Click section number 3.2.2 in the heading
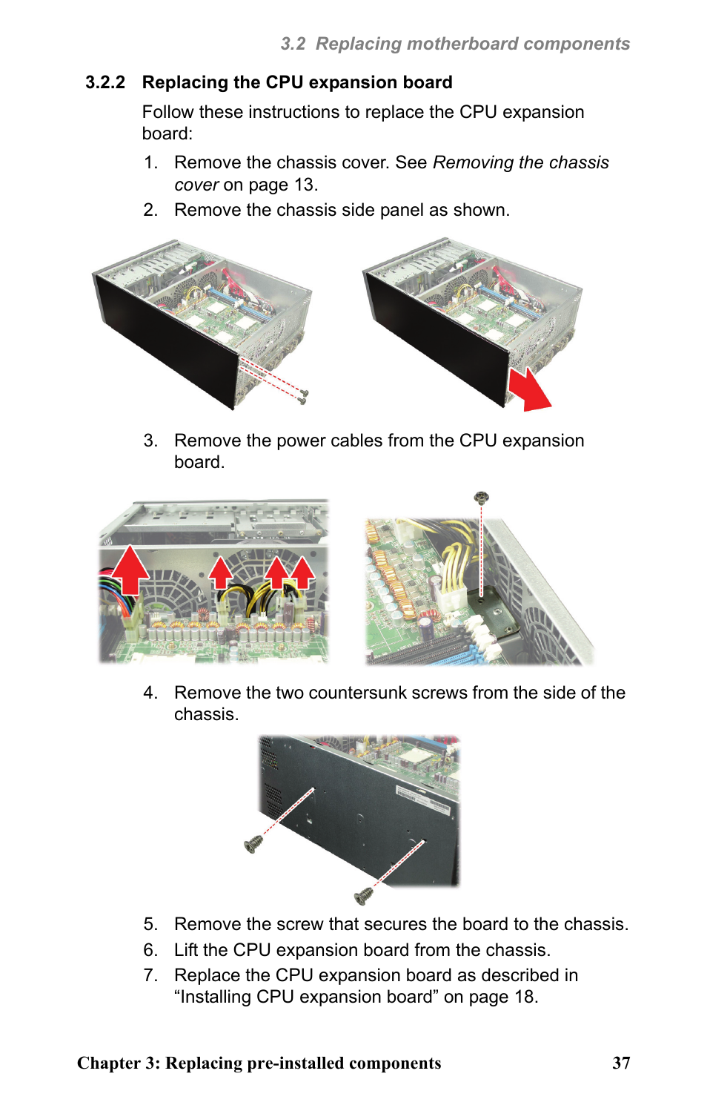pyautogui.click(x=105, y=82)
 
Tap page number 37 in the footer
pyautogui.click(x=621, y=1063)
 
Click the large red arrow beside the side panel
pyautogui.click(x=529, y=389)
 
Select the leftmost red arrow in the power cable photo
pyautogui.click(x=130, y=569)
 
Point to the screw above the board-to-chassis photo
pyautogui.click(x=481, y=497)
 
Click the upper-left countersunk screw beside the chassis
pyautogui.click(x=253, y=844)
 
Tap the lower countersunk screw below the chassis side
pyautogui.click(x=363, y=897)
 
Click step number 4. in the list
pyautogui.click(x=151, y=693)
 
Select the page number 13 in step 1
pyautogui.click(x=304, y=185)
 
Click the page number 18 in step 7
pyautogui.click(x=524, y=997)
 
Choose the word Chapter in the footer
pyautogui.click(x=108, y=1063)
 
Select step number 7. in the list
pyautogui.click(x=151, y=975)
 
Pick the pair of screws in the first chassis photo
pyautogui.click(x=302, y=396)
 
